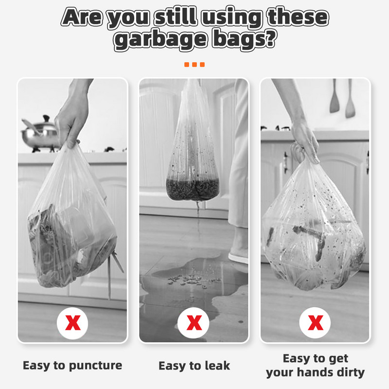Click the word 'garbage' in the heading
pos(160,39)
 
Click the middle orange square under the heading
pos(194,65)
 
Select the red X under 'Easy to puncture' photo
pos(72,323)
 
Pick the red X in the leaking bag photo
pos(194,323)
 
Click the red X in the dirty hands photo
pos(315,323)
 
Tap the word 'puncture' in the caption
pos(95,366)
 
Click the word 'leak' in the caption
pos(217,366)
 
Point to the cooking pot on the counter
pos(40,134)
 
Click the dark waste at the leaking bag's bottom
pos(193,190)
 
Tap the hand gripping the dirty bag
pos(305,142)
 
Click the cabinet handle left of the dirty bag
pos(286,162)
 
